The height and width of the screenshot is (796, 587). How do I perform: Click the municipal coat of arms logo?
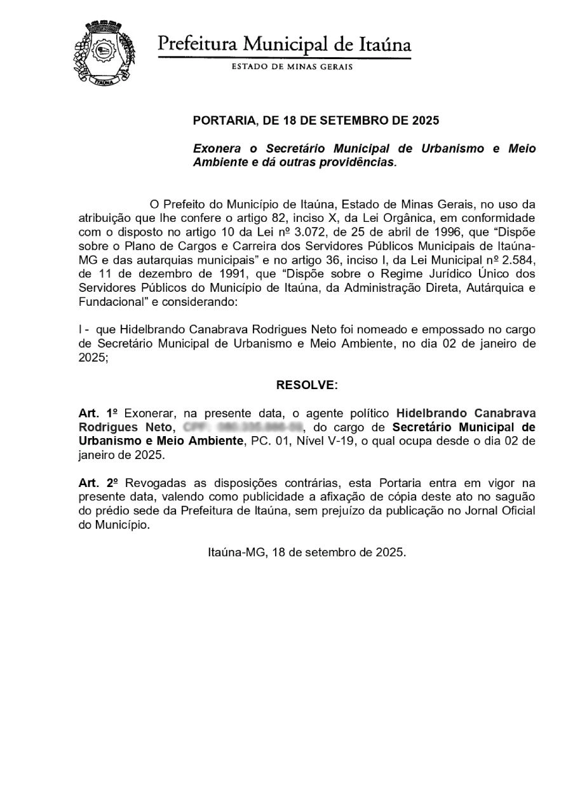pyautogui.click(x=104, y=54)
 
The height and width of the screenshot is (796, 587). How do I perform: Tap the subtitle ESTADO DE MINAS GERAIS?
pyautogui.click(x=292, y=67)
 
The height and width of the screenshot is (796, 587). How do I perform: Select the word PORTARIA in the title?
pyautogui.click(x=222, y=120)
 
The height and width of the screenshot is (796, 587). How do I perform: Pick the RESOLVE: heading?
pyautogui.click(x=307, y=385)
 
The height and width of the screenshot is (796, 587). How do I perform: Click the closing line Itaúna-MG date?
pyautogui.click(x=307, y=552)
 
